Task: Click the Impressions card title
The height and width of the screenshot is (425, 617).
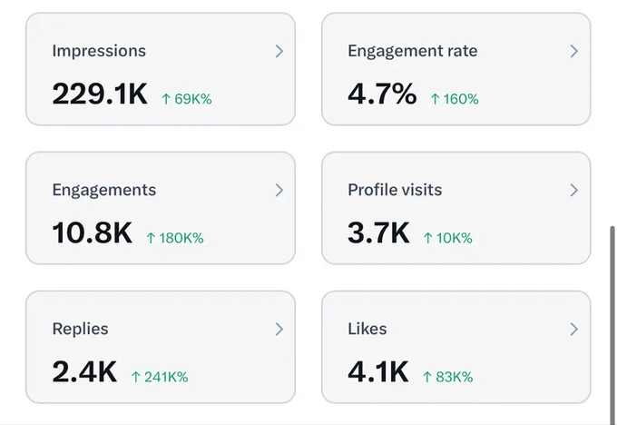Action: (x=99, y=51)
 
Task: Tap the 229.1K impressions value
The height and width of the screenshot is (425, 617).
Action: (x=100, y=94)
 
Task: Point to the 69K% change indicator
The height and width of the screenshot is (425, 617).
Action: (x=187, y=99)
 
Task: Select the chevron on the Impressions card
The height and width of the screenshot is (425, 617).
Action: (x=279, y=51)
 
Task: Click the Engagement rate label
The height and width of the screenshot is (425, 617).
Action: (x=412, y=51)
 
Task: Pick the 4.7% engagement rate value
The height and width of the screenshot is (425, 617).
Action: (x=382, y=94)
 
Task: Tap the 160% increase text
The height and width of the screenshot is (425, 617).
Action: (x=455, y=99)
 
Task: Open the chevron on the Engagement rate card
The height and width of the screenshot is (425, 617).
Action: (x=574, y=51)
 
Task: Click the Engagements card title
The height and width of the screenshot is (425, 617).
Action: (x=104, y=190)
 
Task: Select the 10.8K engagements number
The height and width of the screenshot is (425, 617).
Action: (x=92, y=232)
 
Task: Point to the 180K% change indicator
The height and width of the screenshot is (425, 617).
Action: (x=175, y=238)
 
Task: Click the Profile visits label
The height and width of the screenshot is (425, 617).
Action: (x=395, y=190)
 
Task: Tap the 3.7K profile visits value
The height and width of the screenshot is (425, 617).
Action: (x=378, y=232)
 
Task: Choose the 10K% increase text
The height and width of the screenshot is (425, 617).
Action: (x=448, y=238)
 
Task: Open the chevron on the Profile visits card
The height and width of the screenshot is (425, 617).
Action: (x=574, y=190)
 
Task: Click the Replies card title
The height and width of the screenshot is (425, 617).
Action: (x=80, y=329)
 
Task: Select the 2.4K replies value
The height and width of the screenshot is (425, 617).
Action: (x=84, y=371)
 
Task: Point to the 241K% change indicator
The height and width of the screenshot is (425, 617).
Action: (x=160, y=377)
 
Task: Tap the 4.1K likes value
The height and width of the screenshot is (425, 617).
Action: (x=378, y=371)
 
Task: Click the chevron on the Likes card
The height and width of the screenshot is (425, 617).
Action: (x=574, y=330)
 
